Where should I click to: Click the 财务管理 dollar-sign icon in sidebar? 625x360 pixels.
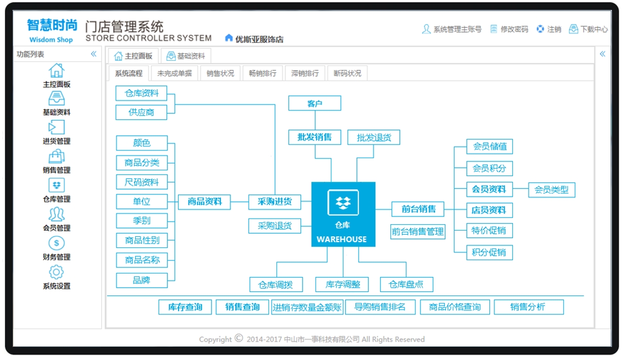click(56, 243)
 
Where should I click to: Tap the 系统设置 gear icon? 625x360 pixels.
click(56, 272)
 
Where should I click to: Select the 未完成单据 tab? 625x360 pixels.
click(175, 73)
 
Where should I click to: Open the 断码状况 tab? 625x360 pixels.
click(347, 73)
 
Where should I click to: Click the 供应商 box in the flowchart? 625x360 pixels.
click(141, 113)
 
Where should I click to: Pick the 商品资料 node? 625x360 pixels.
click(205, 202)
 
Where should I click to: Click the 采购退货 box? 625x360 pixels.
click(275, 226)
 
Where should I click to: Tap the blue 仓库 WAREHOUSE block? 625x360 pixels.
click(343, 214)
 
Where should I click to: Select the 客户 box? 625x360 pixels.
click(315, 103)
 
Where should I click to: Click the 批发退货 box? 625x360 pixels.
click(374, 138)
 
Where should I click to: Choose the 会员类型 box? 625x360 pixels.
click(552, 190)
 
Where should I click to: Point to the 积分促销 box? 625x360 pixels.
click(489, 253)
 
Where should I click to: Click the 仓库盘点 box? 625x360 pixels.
click(406, 285)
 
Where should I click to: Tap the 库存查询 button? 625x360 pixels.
click(185, 307)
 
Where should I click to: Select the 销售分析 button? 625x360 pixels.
click(529, 307)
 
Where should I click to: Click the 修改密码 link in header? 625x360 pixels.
click(509, 29)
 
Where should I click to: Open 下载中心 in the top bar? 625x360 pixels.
click(588, 29)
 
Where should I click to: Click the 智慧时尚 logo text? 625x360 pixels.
click(52, 25)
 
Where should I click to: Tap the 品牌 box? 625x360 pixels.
click(141, 280)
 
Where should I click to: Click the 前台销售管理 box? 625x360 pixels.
click(418, 232)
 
